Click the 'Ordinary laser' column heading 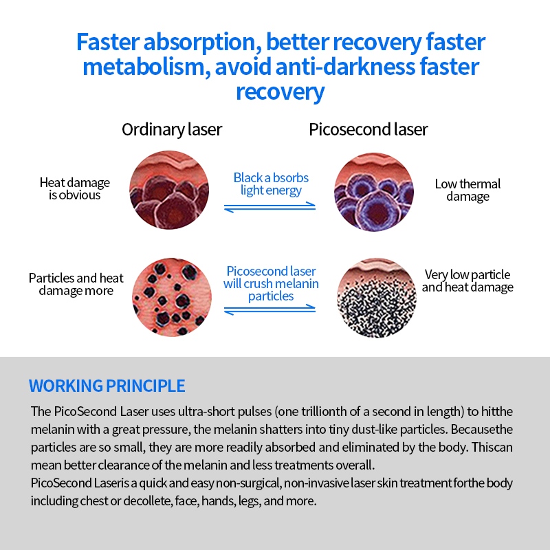tap(172, 129)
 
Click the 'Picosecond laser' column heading tap(368, 129)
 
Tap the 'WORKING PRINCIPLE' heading tap(107, 385)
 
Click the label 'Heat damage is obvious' tap(75, 189)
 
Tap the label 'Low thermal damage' tap(467, 190)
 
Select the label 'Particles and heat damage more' tap(76, 284)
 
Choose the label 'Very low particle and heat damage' tap(467, 280)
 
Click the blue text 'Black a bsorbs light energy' tap(271, 184)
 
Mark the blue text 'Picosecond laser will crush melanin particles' tap(271, 284)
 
